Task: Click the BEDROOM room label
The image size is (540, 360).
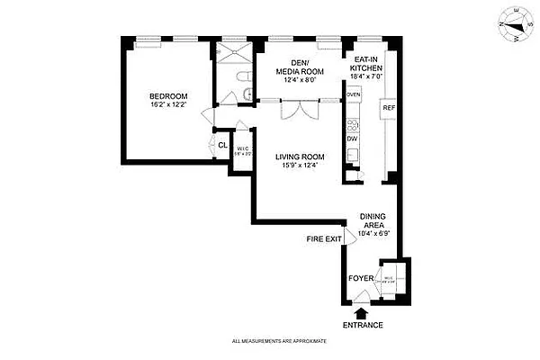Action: point(168,96)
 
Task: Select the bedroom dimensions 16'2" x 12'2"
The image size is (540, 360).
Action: point(168,105)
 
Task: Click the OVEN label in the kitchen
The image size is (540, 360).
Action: point(353,94)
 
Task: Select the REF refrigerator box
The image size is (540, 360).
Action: point(389,108)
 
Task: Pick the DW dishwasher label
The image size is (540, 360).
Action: point(353,138)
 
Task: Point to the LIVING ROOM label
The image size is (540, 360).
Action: point(300,157)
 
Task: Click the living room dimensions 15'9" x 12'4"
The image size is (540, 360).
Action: point(300,166)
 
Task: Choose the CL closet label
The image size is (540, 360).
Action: point(222,146)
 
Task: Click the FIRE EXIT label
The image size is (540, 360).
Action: point(324,238)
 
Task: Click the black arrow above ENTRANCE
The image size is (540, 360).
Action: point(362,311)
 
